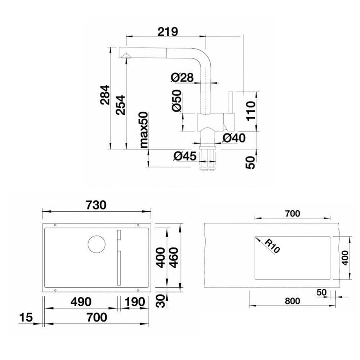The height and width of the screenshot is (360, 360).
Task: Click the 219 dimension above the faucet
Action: point(168,32)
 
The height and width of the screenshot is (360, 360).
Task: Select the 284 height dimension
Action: point(105,95)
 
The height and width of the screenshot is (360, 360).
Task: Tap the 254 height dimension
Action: point(120,105)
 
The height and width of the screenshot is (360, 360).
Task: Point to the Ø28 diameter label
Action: point(182,78)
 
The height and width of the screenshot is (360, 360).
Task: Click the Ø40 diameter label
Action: point(234,138)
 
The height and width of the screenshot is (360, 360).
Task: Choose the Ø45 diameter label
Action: point(185,156)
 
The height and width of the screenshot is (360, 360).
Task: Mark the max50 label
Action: point(144,130)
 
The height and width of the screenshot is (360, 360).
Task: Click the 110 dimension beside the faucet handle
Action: point(251,111)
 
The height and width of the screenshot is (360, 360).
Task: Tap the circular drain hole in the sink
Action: point(96,244)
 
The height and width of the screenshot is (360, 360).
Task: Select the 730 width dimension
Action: point(96,205)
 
